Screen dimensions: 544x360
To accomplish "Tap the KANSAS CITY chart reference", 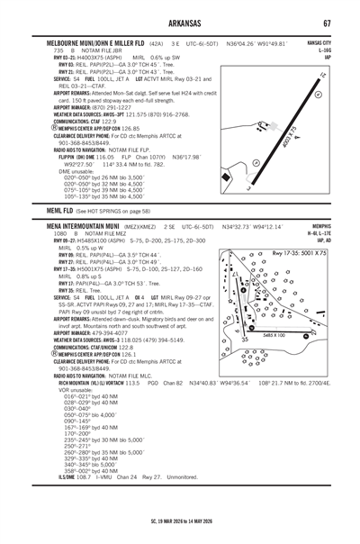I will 319,42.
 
